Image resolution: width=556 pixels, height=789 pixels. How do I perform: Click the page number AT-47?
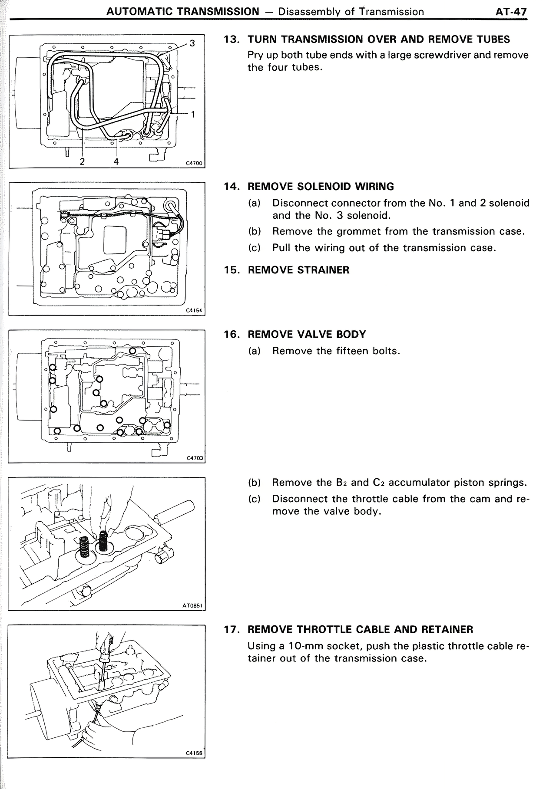pyautogui.click(x=511, y=12)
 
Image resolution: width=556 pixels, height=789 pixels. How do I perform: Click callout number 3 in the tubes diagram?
pyautogui.click(x=192, y=43)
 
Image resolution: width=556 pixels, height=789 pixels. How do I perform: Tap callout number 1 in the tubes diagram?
pyautogui.click(x=193, y=114)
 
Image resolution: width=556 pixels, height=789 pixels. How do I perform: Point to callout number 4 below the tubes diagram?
pyautogui.click(x=116, y=161)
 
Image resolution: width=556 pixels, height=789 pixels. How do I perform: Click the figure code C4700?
pyautogui.click(x=194, y=164)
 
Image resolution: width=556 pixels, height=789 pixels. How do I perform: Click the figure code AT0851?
pyautogui.click(x=193, y=605)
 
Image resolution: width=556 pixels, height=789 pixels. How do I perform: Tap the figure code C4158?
pyautogui.click(x=194, y=753)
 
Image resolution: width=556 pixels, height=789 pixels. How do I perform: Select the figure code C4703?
pyautogui.click(x=195, y=458)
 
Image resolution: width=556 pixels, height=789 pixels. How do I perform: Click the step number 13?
pyautogui.click(x=232, y=39)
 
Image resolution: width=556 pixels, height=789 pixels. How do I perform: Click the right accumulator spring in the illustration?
pyautogui.click(x=103, y=541)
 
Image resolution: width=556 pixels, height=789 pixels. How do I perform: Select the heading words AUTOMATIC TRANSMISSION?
pyautogui.click(x=183, y=12)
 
